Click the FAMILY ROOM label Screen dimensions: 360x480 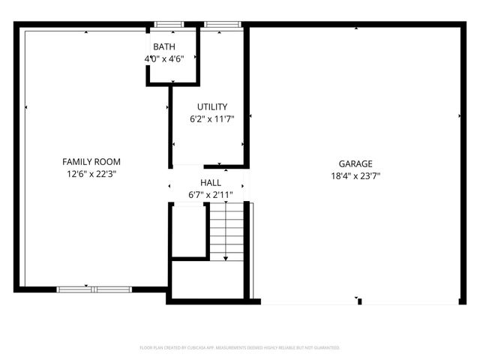tap(91, 161)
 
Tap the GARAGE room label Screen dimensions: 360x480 tap(355, 163)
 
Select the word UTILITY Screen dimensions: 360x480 tap(212, 106)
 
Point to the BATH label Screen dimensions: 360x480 tap(164, 47)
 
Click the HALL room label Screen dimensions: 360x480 tap(211, 183)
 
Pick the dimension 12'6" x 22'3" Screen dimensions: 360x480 tap(91, 173)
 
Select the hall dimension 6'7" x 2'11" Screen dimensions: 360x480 tap(211, 195)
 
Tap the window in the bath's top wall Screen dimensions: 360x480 tap(168, 25)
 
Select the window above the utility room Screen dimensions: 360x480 tap(217, 25)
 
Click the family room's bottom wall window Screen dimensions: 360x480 tap(94, 289)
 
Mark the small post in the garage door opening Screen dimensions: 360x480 tap(360, 301)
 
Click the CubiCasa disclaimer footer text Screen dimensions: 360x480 tap(240, 348)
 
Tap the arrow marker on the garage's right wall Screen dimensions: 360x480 tap(460, 116)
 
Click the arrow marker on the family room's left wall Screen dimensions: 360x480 tap(26, 108)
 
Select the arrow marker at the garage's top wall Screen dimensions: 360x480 tap(355, 29)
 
